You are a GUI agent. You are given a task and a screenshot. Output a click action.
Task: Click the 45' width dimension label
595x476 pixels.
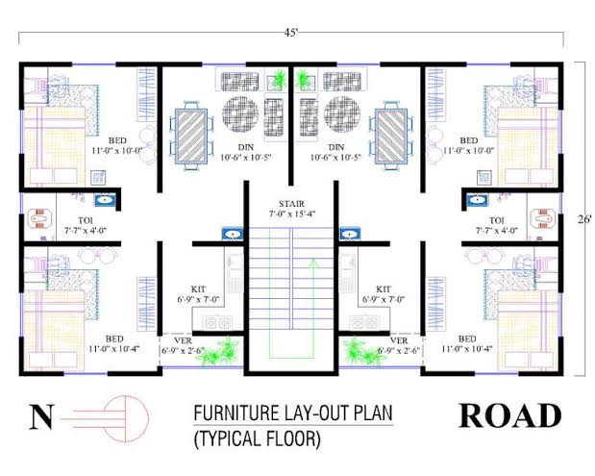(291, 33)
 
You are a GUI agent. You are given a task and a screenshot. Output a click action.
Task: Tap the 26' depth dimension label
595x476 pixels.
(584, 219)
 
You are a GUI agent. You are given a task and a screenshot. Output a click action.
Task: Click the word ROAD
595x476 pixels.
(510, 416)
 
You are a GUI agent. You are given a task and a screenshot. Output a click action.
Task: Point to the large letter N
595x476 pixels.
(41, 416)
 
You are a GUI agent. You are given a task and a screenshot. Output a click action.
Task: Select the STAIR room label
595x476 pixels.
(291, 204)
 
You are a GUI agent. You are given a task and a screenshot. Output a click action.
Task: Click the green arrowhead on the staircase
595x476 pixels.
(313, 263)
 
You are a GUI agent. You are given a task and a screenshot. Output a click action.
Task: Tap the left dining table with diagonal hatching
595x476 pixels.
(191, 137)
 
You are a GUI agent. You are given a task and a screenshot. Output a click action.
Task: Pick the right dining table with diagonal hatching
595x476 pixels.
(391, 137)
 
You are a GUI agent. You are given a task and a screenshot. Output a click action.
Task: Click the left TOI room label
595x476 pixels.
(86, 220)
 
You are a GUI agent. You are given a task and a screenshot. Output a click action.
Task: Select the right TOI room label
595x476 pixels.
(497, 220)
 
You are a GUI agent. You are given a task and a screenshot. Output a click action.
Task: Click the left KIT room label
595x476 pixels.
(198, 289)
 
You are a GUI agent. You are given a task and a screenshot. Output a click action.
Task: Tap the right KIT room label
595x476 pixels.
(384, 289)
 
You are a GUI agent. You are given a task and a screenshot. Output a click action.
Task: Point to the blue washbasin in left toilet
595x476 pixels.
(105, 200)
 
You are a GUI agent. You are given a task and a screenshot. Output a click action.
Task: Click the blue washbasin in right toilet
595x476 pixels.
(478, 200)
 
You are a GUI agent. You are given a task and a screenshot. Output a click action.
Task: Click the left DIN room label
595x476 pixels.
(245, 147)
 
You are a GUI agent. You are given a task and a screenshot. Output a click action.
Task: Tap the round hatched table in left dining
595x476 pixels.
(240, 113)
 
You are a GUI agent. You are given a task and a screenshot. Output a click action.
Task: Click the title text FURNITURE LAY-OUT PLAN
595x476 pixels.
(293, 413)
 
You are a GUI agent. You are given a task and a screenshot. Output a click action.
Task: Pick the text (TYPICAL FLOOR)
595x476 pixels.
(258, 438)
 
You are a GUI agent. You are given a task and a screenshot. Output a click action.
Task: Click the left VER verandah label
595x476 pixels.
(183, 340)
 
